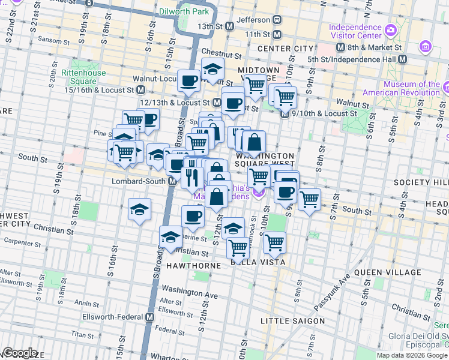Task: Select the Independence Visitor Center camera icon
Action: click(x=391, y=29)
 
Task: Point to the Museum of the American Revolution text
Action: click(x=403, y=88)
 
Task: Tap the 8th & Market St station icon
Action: click(x=340, y=47)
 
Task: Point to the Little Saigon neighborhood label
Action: click(x=292, y=321)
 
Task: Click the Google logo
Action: click(x=20, y=353)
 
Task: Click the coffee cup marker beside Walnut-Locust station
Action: click(x=188, y=80)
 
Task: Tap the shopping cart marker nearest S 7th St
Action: click(x=309, y=199)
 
